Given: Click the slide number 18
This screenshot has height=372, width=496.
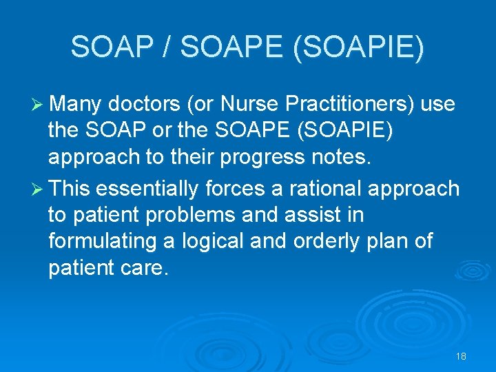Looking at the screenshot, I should (461, 356).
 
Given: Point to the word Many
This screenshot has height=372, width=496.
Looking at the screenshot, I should (76, 104).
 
